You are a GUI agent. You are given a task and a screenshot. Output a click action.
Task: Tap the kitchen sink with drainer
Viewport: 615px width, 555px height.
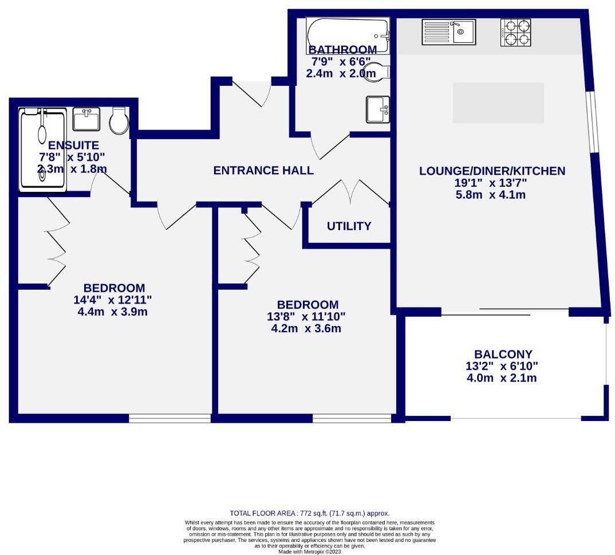tap(448, 32)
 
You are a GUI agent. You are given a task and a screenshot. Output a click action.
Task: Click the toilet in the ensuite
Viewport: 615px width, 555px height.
tap(119, 120)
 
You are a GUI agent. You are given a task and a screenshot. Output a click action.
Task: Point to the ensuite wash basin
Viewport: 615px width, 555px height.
tap(86, 119)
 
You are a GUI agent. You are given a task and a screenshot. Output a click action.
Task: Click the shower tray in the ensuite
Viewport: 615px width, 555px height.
tap(43, 151)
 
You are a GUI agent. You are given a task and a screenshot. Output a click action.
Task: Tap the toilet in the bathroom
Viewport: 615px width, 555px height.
tap(378, 72)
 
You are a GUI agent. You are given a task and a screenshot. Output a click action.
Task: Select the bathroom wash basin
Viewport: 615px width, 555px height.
tap(378, 109)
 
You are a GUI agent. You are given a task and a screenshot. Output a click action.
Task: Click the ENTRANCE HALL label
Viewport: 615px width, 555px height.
tap(263, 170)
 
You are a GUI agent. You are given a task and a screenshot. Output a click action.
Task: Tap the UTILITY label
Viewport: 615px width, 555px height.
tap(349, 226)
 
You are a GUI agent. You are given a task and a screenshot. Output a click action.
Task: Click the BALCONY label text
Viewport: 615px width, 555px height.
tap(503, 354)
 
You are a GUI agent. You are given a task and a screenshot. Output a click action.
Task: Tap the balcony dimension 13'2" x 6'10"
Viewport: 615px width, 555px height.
tap(502, 366)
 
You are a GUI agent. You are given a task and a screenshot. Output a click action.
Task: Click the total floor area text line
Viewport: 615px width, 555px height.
tap(309, 514)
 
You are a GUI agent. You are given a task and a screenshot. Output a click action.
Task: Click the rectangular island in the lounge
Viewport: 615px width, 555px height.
tap(498, 103)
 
